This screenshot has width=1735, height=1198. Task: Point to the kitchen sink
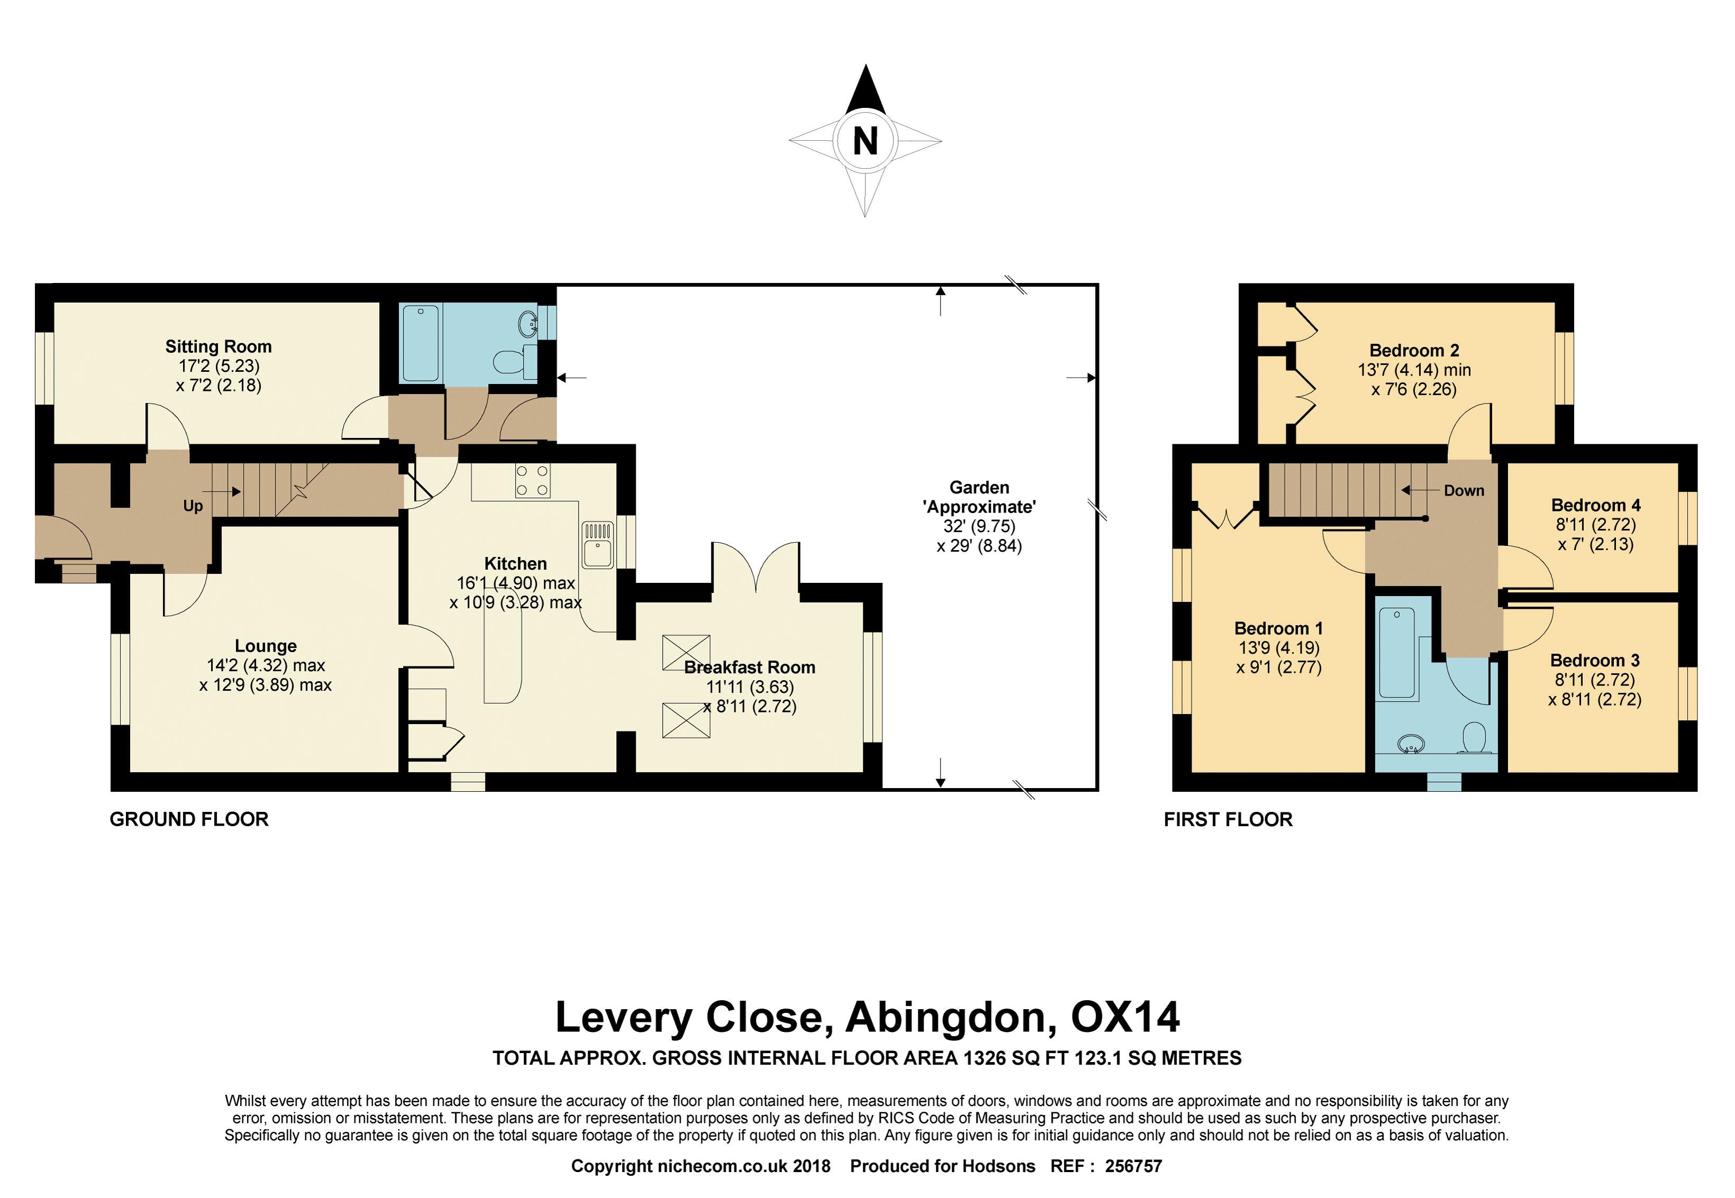pyautogui.click(x=598, y=545)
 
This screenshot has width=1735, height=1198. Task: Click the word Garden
pyautogui.click(x=979, y=487)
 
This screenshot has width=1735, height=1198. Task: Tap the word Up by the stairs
pyautogui.click(x=193, y=506)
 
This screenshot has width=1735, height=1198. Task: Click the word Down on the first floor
pyautogui.click(x=1464, y=490)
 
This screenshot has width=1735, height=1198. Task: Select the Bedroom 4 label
pyautogui.click(x=1596, y=505)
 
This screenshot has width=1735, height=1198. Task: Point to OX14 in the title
pyautogui.click(x=1125, y=1017)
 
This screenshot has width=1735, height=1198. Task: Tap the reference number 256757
pyautogui.click(x=1133, y=1166)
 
